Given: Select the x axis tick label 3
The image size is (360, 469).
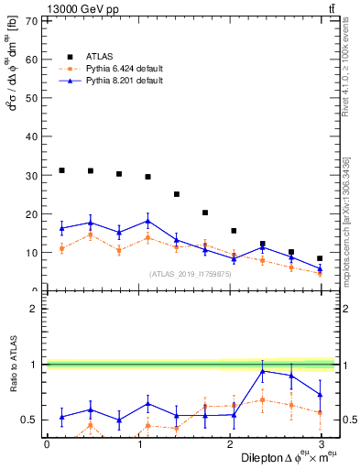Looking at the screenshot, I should [320, 444].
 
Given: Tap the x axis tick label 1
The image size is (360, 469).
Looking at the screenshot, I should [138, 444].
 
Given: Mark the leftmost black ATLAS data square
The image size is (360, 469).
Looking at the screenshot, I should [61, 170].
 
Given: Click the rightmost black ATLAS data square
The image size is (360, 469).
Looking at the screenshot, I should [320, 258].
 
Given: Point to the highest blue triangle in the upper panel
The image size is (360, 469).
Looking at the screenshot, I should [147, 221].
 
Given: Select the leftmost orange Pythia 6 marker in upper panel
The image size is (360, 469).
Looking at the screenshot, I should [61, 248].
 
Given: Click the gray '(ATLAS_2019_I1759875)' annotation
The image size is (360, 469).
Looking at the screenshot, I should [190, 274].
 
